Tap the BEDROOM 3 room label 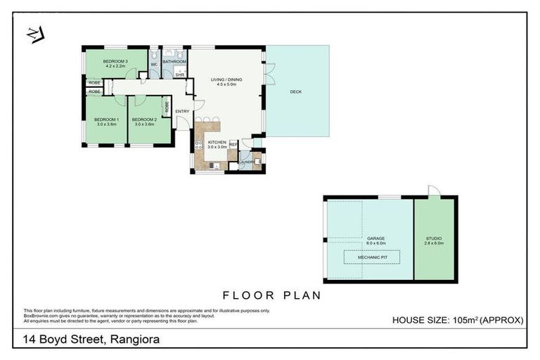tap(115, 61)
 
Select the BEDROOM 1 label tap(107, 120)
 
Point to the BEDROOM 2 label tap(143, 120)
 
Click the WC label tap(154, 65)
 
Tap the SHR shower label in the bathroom tap(179, 74)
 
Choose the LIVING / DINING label tap(226, 80)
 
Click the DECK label tap(295, 91)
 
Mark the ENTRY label tap(182, 111)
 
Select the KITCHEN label tap(217, 143)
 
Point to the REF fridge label tap(233, 143)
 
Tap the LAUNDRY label tap(246, 162)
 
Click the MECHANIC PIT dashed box tap(371, 257)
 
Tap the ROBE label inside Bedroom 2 tap(167, 108)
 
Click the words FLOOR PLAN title tap(271, 295)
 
